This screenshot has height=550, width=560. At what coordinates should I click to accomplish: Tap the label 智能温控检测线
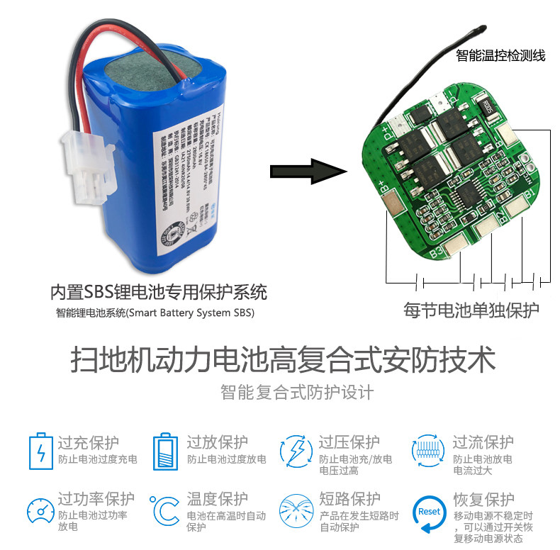point(501,55)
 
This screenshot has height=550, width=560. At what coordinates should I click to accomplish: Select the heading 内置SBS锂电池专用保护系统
point(158,292)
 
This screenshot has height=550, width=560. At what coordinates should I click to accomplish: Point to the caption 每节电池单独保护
point(471,310)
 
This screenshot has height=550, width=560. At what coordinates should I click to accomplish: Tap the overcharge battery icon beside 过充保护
point(40,451)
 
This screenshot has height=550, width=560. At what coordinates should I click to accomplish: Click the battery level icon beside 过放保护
point(164,451)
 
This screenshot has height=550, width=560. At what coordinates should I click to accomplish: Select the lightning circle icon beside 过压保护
point(296,451)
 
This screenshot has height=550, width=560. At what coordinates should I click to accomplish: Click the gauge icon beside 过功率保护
point(40,510)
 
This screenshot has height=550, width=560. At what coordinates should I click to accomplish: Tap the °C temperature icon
point(164,510)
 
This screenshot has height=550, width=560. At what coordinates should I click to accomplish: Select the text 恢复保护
point(483,499)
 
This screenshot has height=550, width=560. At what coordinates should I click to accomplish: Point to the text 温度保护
point(218,499)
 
